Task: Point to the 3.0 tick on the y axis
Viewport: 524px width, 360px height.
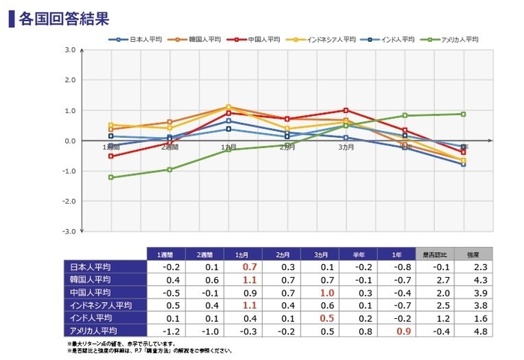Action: pyautogui.click(x=70, y=50)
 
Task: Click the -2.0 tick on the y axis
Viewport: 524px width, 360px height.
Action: pyautogui.click(x=69, y=201)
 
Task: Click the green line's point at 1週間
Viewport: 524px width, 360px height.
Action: pyautogui.click(x=112, y=177)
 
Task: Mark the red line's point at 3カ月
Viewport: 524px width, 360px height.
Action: pyautogui.click(x=346, y=110)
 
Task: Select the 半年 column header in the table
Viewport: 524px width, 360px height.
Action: pyautogui.click(x=359, y=254)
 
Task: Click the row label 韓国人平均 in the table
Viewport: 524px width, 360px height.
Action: pyautogui.click(x=91, y=279)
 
